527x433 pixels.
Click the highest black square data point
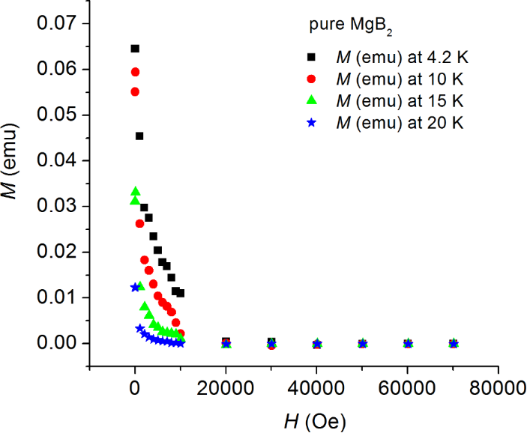click(x=135, y=49)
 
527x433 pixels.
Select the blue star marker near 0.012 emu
click(x=135, y=287)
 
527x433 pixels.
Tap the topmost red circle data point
click(x=135, y=72)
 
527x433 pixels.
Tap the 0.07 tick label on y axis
click(x=56, y=24)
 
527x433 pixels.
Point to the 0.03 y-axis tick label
click(x=56, y=206)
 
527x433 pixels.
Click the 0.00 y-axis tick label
click(x=56, y=343)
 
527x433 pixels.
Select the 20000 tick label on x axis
click(x=226, y=388)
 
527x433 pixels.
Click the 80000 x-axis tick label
click(x=498, y=388)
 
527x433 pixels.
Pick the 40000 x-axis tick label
click(x=316, y=388)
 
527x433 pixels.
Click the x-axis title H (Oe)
click(x=316, y=420)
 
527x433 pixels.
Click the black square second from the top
click(x=139, y=136)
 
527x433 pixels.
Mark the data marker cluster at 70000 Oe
click(x=453, y=344)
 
